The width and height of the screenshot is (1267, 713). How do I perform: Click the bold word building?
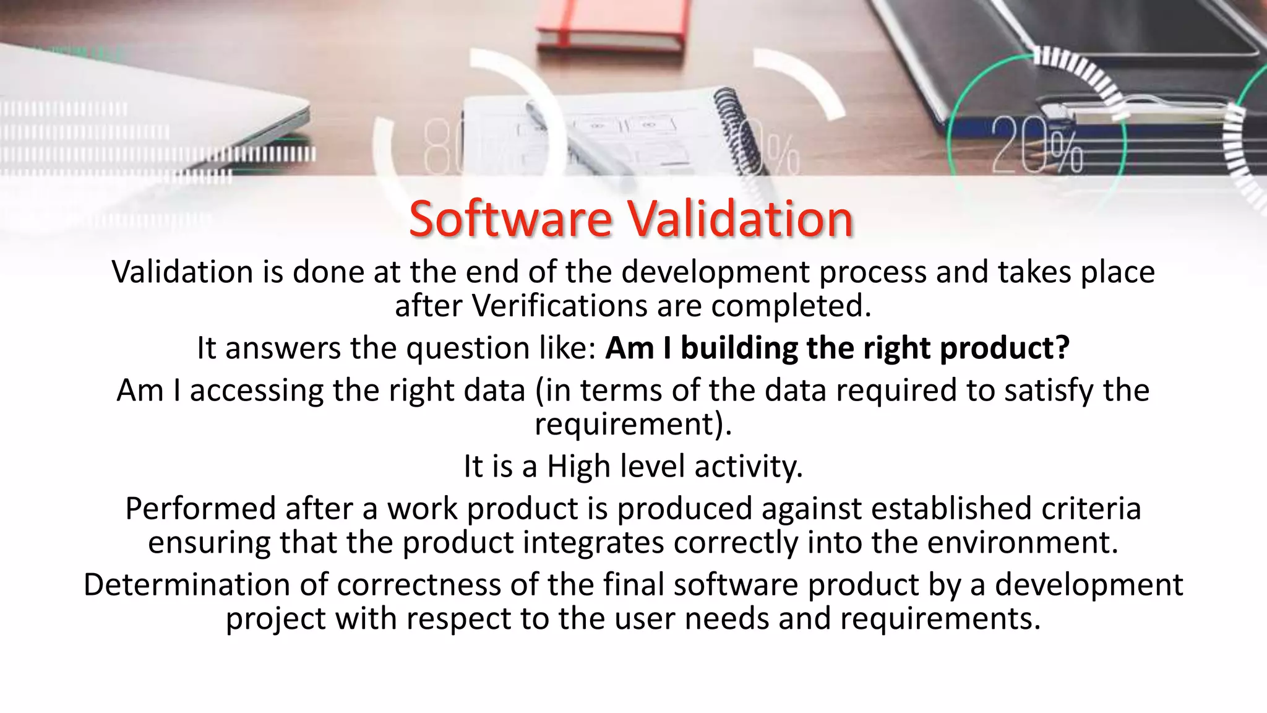[x=739, y=348]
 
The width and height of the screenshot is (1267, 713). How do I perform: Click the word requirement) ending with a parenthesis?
[x=632, y=425]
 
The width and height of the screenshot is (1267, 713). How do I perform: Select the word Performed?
[x=200, y=509]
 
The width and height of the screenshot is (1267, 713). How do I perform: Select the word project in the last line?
[x=275, y=619]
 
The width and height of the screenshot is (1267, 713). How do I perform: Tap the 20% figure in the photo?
[x=1036, y=146]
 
